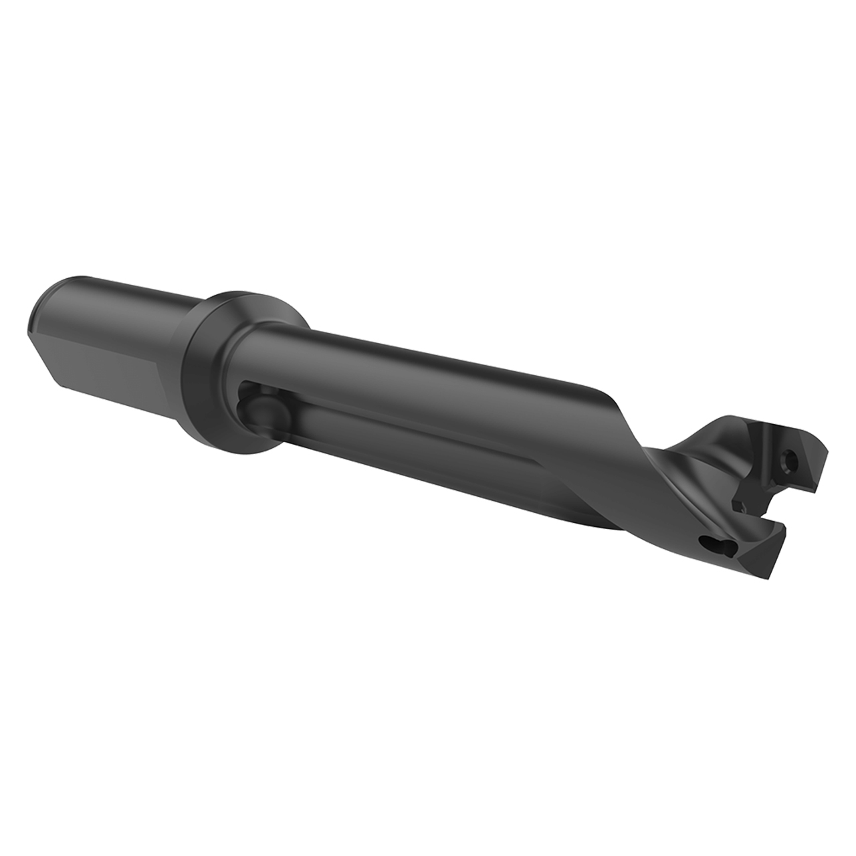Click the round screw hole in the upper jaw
pos(792,459)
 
